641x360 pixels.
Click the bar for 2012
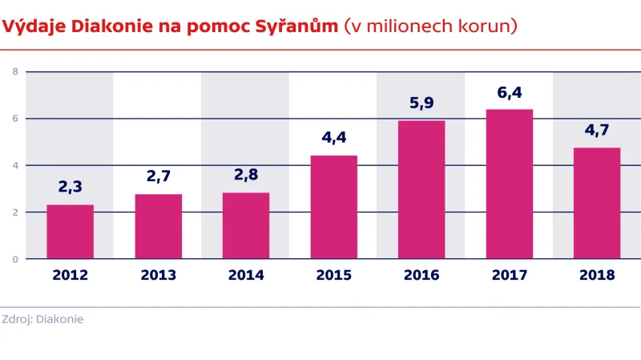coord(70,232)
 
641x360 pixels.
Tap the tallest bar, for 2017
coord(510,184)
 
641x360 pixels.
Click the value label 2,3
coord(70,187)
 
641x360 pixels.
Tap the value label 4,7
coord(597,130)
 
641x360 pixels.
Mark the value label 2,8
coord(246,175)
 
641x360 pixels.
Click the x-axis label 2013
coord(158,275)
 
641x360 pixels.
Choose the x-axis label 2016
coord(421,275)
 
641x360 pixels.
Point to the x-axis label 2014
coord(246,275)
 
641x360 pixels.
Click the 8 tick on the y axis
coord(14,71)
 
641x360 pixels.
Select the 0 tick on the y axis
coord(14,259)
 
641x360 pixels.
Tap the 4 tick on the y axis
coord(14,165)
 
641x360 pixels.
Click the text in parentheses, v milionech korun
coord(430,26)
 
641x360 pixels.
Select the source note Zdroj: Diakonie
coord(42,319)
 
